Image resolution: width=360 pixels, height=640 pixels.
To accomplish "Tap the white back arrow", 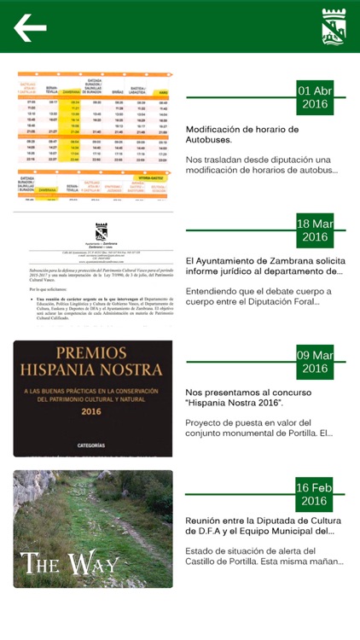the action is tap(30, 28).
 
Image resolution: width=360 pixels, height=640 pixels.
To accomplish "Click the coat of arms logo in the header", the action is tap(334, 27).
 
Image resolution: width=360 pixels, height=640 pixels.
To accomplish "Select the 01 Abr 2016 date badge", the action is tap(315, 97).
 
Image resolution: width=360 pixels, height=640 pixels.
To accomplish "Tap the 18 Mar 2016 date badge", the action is tap(315, 230).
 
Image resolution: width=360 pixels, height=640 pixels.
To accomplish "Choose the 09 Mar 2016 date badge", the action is tap(315, 362).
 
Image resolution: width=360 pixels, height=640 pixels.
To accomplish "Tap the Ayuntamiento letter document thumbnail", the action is tap(93, 270).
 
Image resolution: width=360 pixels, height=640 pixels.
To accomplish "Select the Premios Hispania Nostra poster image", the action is tap(93, 399).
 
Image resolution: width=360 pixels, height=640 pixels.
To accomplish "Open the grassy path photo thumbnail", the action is tap(93, 528).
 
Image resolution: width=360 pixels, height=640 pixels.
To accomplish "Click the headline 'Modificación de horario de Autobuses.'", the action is tap(242, 135).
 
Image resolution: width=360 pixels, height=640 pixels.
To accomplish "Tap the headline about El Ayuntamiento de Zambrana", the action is tap(264, 266).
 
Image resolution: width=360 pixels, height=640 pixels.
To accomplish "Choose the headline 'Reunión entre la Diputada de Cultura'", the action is tap(264, 526).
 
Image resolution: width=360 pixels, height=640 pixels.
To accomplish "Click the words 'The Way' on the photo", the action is tap(70, 563).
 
